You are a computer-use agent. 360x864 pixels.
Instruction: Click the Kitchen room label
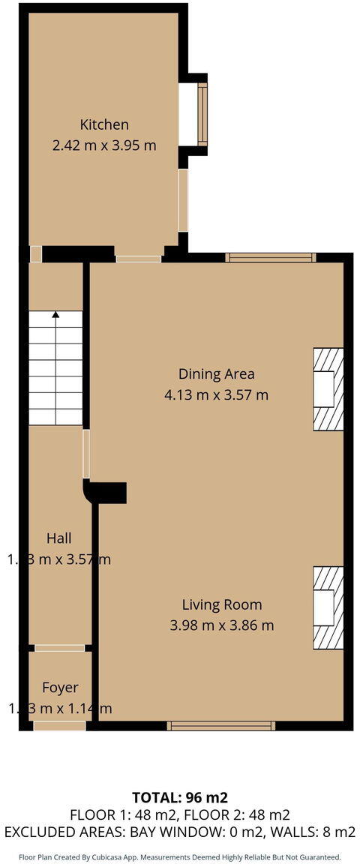[105, 124]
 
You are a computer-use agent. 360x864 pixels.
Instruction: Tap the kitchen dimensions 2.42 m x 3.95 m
[104, 145]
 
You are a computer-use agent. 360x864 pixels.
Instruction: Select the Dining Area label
[216, 373]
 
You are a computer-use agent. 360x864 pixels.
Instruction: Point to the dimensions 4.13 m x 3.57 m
[216, 394]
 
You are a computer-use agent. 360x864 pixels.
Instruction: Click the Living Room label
[222, 604]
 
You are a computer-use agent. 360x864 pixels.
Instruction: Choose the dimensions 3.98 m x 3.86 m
[222, 625]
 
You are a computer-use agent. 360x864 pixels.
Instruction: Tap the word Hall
[59, 538]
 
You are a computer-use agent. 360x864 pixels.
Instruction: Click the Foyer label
[60, 687]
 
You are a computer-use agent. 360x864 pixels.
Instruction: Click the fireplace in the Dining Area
[328, 388]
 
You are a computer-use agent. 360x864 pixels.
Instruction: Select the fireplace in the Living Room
[328, 607]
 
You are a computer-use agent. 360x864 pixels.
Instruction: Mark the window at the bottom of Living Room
[220, 725]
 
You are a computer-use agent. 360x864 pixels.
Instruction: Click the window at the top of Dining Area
[271, 257]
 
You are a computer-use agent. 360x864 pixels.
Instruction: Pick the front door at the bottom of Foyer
[59, 725]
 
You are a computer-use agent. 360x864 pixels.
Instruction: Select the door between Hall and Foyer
[60, 648]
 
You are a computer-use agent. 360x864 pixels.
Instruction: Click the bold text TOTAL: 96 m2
[180, 797]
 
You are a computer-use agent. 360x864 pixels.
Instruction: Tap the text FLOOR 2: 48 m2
[232, 814]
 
